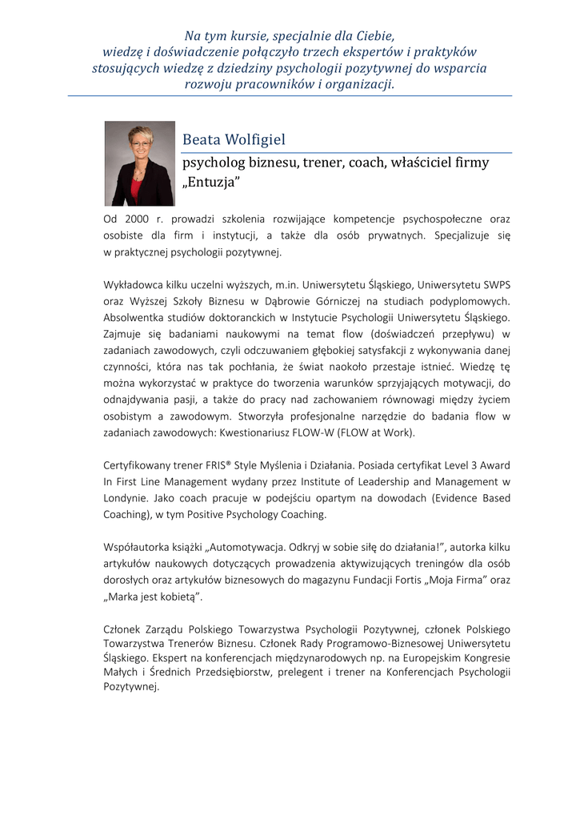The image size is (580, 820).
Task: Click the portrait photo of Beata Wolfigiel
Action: tap(139, 163)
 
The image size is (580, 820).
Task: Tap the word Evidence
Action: tap(445, 499)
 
